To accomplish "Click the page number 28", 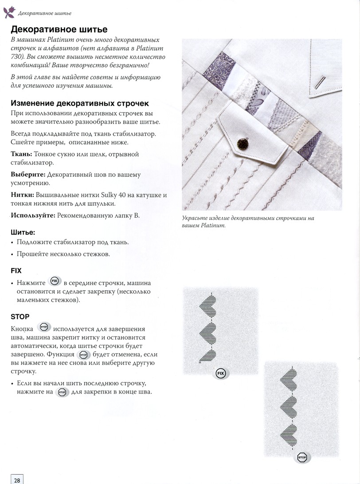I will point(16,479).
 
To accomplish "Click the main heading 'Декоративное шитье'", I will point(59,30).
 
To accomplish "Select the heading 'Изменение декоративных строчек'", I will point(79,103).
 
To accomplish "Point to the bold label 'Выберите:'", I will point(27,175).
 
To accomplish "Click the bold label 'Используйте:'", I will point(33,215).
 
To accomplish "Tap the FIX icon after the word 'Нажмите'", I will point(55,282).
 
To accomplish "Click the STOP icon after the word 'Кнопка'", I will point(43,328).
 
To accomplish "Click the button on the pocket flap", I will point(242,144).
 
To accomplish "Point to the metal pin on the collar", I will point(320,82).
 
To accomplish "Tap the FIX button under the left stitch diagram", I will point(220,374).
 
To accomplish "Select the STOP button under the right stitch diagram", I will point(302,457).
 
